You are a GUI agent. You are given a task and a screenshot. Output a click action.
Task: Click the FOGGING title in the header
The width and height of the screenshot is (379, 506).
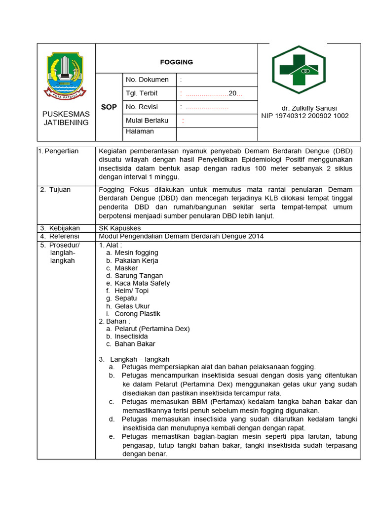[176, 62]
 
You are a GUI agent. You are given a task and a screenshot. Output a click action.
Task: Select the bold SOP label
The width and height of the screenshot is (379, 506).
[109, 107]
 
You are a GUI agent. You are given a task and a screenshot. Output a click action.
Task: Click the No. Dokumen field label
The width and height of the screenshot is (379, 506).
[147, 80]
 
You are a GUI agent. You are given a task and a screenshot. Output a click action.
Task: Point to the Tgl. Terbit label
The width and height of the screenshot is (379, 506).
[142, 93]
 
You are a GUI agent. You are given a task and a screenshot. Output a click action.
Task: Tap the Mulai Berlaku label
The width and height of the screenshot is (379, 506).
[147, 120]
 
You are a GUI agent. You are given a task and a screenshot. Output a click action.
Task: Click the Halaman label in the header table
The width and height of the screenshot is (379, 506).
[140, 131]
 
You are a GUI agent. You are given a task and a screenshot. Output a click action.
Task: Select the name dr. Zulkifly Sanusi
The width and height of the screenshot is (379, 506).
[309, 108]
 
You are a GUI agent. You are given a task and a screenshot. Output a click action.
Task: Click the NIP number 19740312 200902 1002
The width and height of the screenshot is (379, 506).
[304, 116]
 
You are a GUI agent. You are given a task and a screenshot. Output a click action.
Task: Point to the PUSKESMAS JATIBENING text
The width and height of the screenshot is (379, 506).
[66, 118]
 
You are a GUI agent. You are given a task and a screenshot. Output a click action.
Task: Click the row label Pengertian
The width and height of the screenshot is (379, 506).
[61, 151]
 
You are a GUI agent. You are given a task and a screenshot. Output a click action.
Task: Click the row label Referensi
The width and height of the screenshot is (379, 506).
[63, 236]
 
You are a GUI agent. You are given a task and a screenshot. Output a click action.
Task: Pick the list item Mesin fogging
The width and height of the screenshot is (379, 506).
[136, 253]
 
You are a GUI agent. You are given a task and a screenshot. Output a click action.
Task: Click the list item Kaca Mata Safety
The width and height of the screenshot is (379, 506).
[142, 284]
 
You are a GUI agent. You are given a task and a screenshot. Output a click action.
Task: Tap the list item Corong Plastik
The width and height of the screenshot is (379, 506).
[137, 314]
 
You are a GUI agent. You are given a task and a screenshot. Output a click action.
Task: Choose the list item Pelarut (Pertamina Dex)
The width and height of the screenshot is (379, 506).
[152, 329]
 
